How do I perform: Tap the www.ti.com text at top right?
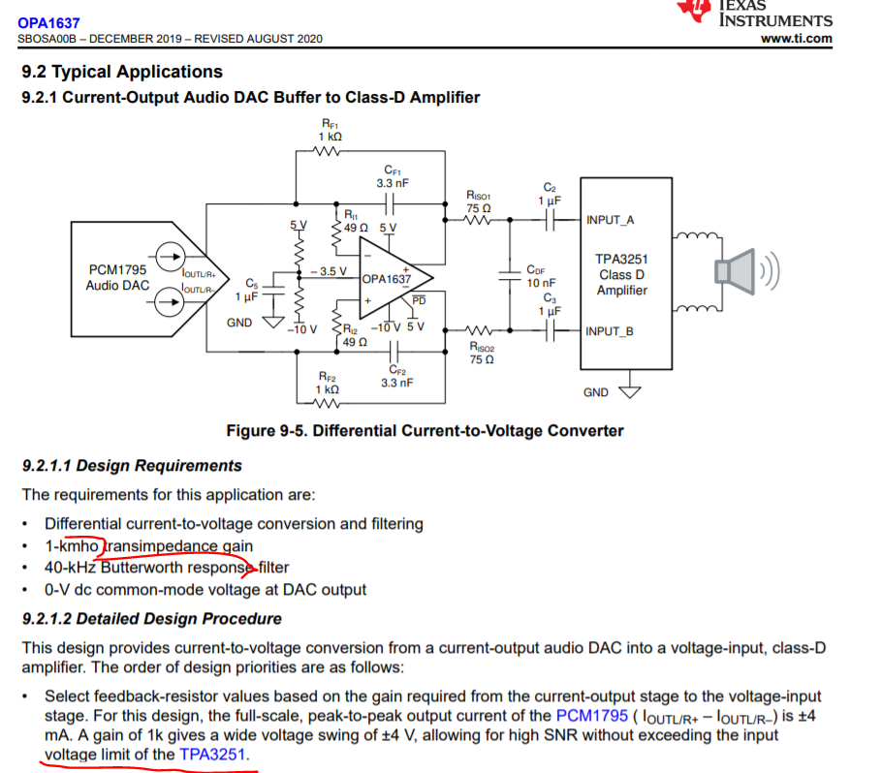pyautogui.click(x=797, y=39)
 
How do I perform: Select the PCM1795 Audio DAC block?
pyautogui.click(x=116, y=277)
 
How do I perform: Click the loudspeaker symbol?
pyautogui.click(x=737, y=275)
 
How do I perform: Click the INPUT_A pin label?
pyautogui.click(x=610, y=220)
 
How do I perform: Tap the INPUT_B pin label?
pyautogui.click(x=610, y=331)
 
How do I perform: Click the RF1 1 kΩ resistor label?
pyautogui.click(x=331, y=131)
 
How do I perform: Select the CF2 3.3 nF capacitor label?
pyautogui.click(x=396, y=375)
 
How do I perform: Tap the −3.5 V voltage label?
pyautogui.click(x=331, y=271)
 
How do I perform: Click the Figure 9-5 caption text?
pyautogui.click(x=425, y=430)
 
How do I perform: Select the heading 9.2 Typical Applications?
pyautogui.click(x=122, y=72)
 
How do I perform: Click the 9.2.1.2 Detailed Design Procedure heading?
pyautogui.click(x=151, y=618)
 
